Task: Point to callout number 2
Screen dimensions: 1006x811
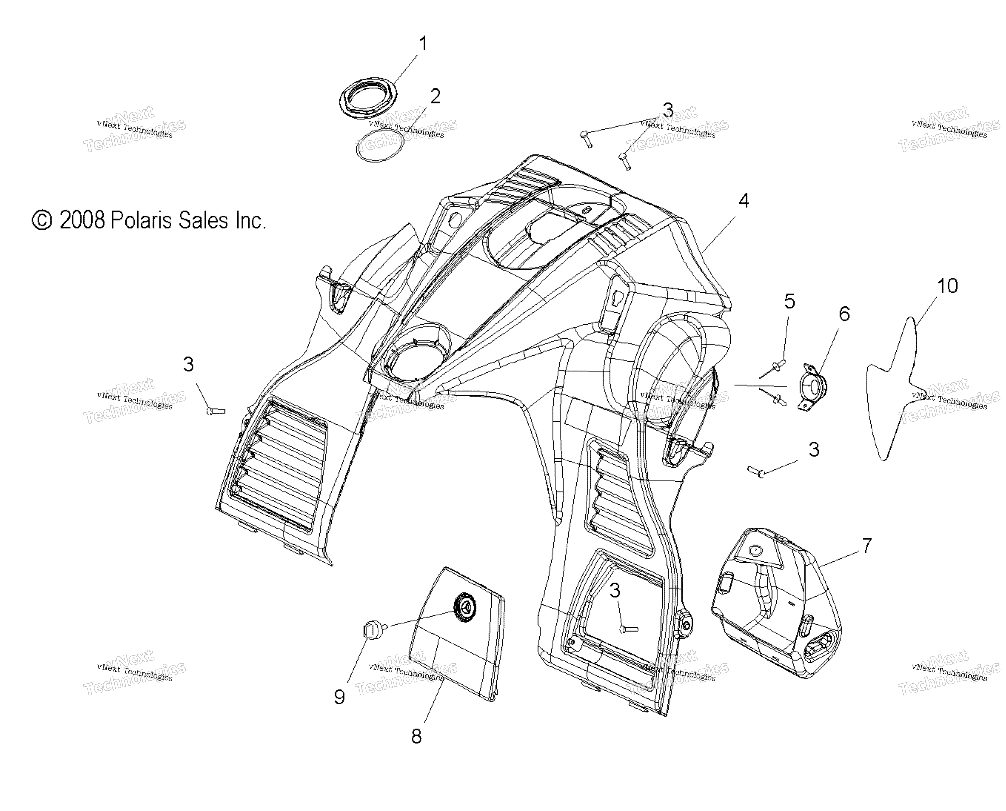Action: pyautogui.click(x=435, y=97)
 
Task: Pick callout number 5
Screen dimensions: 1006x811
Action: pyautogui.click(x=789, y=301)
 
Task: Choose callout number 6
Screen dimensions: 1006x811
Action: pyautogui.click(x=844, y=314)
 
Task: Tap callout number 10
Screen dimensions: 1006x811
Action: pyautogui.click(x=948, y=286)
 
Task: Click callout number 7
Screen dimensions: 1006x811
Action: pyautogui.click(x=867, y=545)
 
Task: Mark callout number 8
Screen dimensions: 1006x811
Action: pyautogui.click(x=416, y=736)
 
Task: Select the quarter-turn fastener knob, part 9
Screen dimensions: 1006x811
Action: pyautogui.click(x=374, y=631)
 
